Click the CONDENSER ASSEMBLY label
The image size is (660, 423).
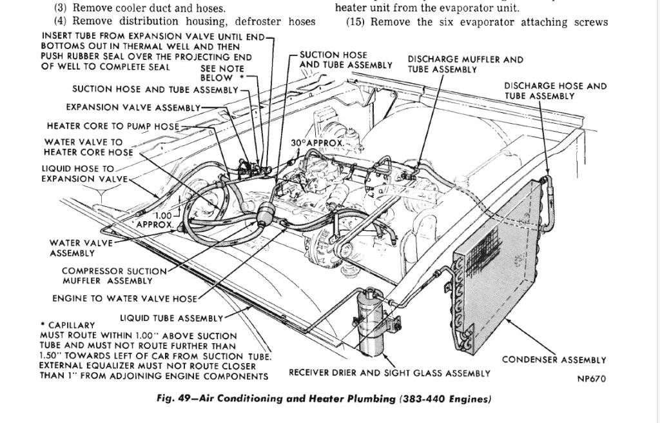click(x=554, y=360)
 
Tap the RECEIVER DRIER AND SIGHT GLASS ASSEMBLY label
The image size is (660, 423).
click(x=389, y=373)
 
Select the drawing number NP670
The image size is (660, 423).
click(x=591, y=379)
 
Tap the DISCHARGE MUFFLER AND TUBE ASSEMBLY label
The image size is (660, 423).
click(x=465, y=64)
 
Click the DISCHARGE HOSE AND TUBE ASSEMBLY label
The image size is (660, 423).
click(x=555, y=90)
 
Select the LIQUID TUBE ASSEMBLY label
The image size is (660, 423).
click(x=171, y=318)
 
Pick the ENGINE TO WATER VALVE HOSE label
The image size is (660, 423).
click(x=124, y=299)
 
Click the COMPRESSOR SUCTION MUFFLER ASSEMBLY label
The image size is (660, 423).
click(x=113, y=275)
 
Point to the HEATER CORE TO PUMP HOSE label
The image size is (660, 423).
click(x=113, y=126)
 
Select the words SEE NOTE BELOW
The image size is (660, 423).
click(x=222, y=73)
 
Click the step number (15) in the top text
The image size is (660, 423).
click(x=356, y=22)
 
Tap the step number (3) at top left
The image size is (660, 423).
click(x=62, y=8)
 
